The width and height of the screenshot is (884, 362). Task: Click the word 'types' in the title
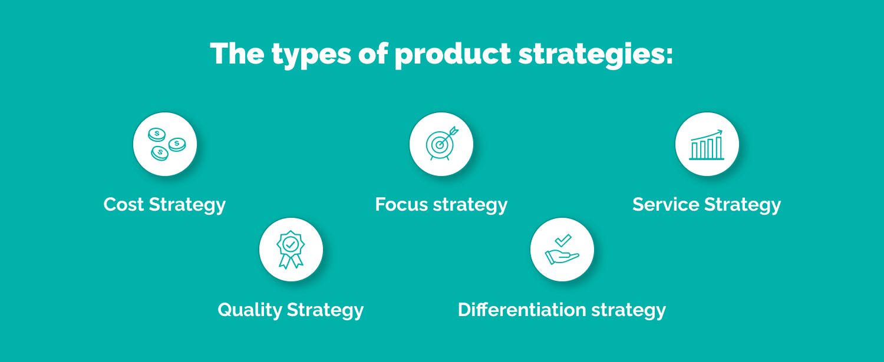click(x=309, y=54)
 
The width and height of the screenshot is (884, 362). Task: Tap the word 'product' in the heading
click(x=453, y=54)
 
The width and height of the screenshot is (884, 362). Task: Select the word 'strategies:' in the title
click(x=595, y=54)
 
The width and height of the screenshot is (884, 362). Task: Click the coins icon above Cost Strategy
click(x=165, y=144)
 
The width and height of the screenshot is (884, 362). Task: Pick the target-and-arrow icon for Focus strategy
click(x=441, y=144)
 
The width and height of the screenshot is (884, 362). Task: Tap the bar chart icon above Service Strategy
click(x=707, y=144)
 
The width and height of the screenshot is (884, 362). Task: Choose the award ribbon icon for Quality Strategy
click(x=291, y=250)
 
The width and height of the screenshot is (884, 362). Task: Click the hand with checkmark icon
click(x=562, y=250)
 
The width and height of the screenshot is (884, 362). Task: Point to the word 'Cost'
click(x=124, y=204)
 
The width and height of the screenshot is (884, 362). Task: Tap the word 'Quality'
click(x=249, y=310)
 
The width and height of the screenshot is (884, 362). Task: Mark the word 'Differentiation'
click(x=522, y=310)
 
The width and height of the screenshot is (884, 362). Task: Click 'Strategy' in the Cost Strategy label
click(x=187, y=204)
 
